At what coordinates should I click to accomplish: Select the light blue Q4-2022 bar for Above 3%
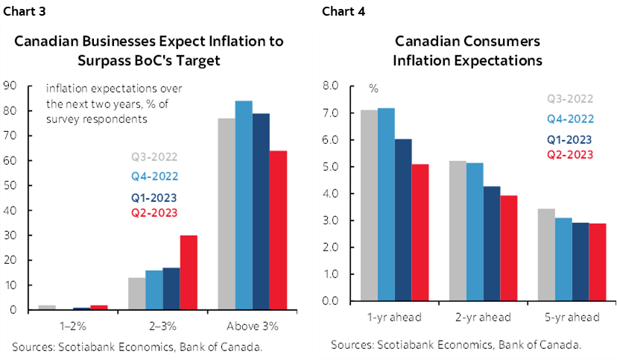(x=244, y=205)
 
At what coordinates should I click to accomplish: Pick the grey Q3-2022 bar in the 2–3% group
(x=137, y=293)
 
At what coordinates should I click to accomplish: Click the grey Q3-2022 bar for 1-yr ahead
(x=369, y=205)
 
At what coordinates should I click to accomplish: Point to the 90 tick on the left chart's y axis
(x=10, y=86)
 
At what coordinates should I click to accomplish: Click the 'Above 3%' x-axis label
(x=253, y=326)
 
